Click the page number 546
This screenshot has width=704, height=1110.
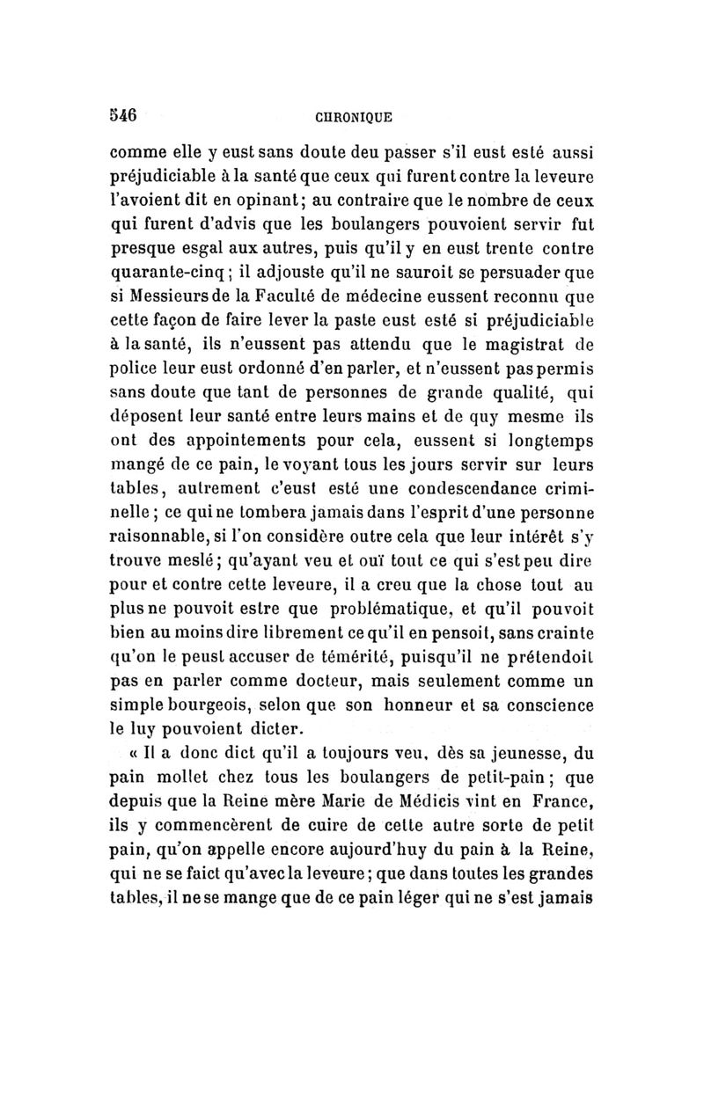coord(120,114)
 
